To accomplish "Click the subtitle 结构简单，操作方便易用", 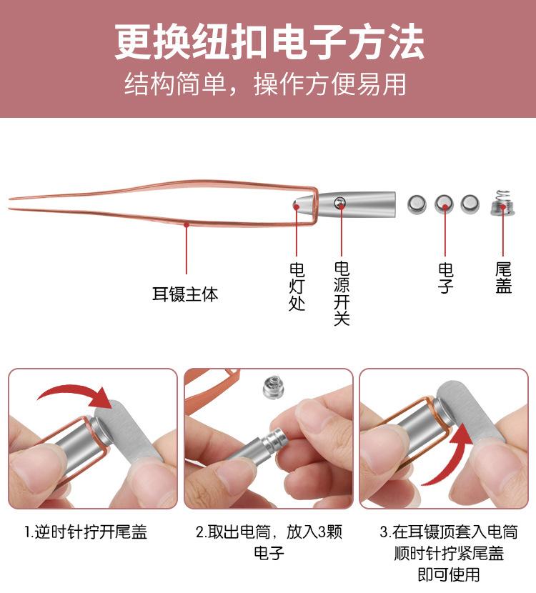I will click(266, 84).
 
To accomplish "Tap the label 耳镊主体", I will click(185, 294).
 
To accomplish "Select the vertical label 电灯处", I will click(297, 286).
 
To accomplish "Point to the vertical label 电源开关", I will click(342, 293).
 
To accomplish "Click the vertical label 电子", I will click(445, 279).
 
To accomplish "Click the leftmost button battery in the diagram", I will click(417, 205).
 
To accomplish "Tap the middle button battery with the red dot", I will click(444, 205).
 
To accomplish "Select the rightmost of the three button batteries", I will click(470, 205).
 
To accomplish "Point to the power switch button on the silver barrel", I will click(341, 204).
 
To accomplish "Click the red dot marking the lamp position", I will click(297, 205).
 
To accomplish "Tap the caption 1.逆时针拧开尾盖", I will click(86, 533).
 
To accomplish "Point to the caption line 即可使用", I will click(449, 574).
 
